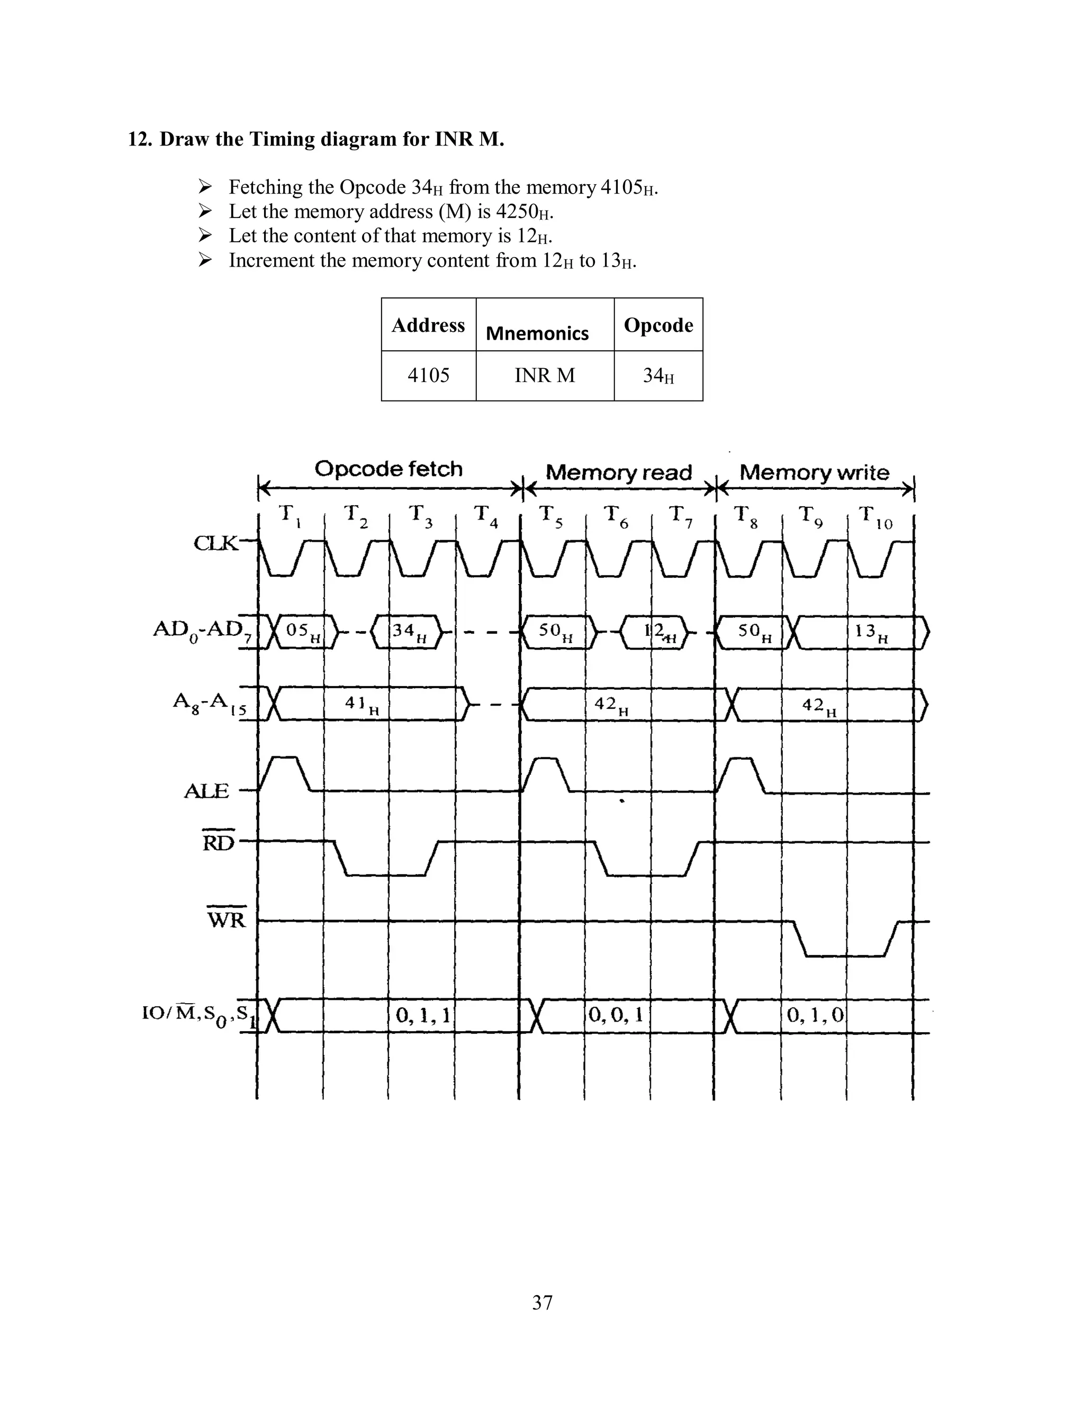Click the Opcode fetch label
coord(389,469)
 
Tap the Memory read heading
coord(618,473)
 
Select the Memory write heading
coord(814,473)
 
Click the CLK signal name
coord(215,544)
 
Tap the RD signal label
coord(219,842)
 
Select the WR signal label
coord(226,920)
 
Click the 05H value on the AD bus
coord(302,632)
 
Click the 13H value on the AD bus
coord(871,632)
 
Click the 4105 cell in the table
coord(428,376)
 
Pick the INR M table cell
coord(545,376)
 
